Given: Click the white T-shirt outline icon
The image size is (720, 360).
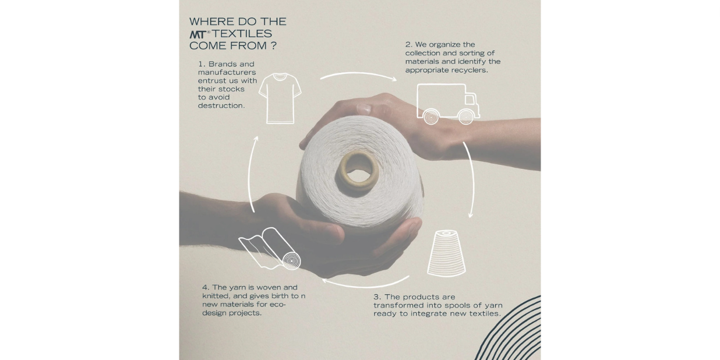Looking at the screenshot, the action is [280, 98].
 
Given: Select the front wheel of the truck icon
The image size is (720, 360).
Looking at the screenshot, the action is [466, 117].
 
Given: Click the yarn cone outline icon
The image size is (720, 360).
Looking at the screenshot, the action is [446, 253].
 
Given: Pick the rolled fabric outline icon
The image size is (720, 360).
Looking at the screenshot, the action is [270, 249].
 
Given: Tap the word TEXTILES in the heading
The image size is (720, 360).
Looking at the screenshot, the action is [242, 33].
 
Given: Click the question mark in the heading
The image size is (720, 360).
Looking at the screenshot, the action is [273, 45].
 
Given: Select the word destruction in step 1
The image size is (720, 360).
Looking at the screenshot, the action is [221, 105].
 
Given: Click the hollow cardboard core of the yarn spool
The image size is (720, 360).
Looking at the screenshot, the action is [358, 171].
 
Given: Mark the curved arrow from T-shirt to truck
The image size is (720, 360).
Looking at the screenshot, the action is [358, 73].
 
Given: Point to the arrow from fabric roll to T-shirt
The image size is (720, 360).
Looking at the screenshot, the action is [249, 174].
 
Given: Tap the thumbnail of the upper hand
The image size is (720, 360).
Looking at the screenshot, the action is [363, 109].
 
